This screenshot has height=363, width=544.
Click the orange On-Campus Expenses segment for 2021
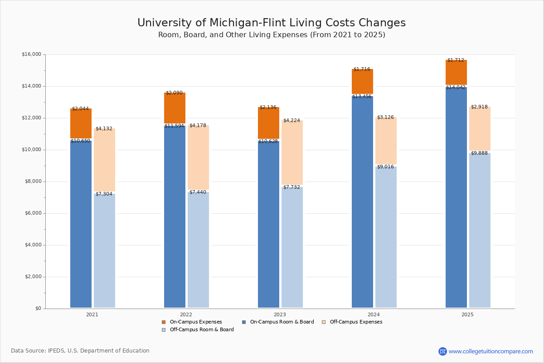tap(81, 123)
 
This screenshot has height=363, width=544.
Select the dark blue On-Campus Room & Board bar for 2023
tap(268, 225)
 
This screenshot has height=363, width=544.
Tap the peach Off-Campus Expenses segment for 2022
tap(198, 157)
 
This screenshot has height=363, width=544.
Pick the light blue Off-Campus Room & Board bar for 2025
tap(480, 230)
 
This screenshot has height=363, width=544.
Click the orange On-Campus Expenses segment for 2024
tap(362, 82)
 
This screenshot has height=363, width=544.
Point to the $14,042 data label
tap(456, 87)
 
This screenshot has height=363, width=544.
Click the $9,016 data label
tap(385, 167)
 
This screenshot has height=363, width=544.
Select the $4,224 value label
tap(291, 120)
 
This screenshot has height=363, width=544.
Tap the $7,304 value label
tap(104, 194)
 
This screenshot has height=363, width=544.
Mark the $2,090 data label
tap(174, 93)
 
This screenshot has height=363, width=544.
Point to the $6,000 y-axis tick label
tap(33, 213)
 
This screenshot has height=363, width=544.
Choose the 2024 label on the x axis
tap(374, 314)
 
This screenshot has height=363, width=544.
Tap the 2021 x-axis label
tap(92, 314)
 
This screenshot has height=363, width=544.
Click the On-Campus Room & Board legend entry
tap(278, 322)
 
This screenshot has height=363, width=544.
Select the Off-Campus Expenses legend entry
tap(352, 322)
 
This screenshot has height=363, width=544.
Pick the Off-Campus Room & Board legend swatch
tap(164, 330)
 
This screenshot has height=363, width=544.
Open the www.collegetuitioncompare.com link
tap(491, 351)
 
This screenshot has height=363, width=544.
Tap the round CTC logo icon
tap(442, 351)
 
